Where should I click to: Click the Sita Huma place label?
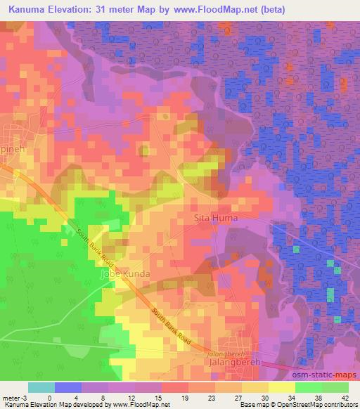pyautogui.click(x=215, y=219)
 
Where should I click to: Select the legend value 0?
pyautogui.click(x=49, y=397)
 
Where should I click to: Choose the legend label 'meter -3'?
pyautogui.click(x=15, y=397)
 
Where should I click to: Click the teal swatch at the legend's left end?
pyautogui.click(x=41, y=387)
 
